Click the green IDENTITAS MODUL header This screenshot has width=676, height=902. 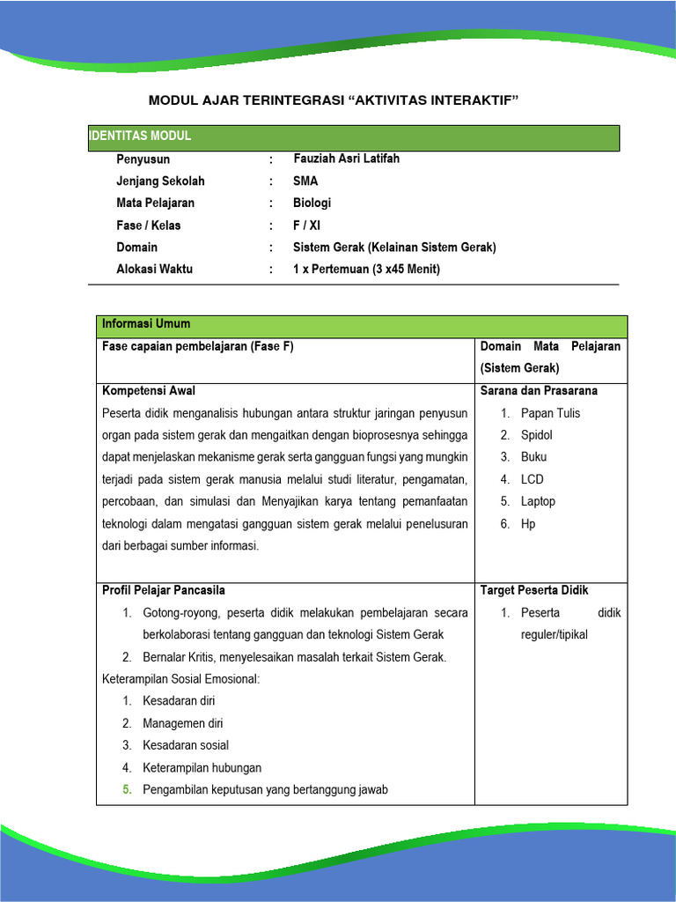coord(141,137)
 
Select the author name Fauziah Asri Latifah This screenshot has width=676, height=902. coord(346,159)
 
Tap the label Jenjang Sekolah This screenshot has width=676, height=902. coord(160,181)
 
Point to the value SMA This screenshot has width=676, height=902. coord(305,181)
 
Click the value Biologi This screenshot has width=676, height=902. coord(312,203)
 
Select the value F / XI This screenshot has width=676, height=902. coord(308,225)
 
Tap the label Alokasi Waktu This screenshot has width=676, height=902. coord(154,269)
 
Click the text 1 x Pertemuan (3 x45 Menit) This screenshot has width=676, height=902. coord(366,269)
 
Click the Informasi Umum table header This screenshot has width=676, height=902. coord(146,324)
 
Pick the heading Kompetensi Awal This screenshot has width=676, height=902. coord(149,390)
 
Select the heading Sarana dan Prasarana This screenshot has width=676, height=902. coord(539,390)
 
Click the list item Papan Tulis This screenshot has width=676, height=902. coord(550,413)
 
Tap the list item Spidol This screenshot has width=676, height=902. coord(537,435)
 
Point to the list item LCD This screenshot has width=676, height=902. coord(533,479)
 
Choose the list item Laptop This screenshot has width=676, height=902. coord(538,501)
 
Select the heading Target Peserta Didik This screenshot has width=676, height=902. coord(534,590)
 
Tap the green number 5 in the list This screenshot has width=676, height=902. coord(128,789)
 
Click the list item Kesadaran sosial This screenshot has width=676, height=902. coord(185,745)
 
